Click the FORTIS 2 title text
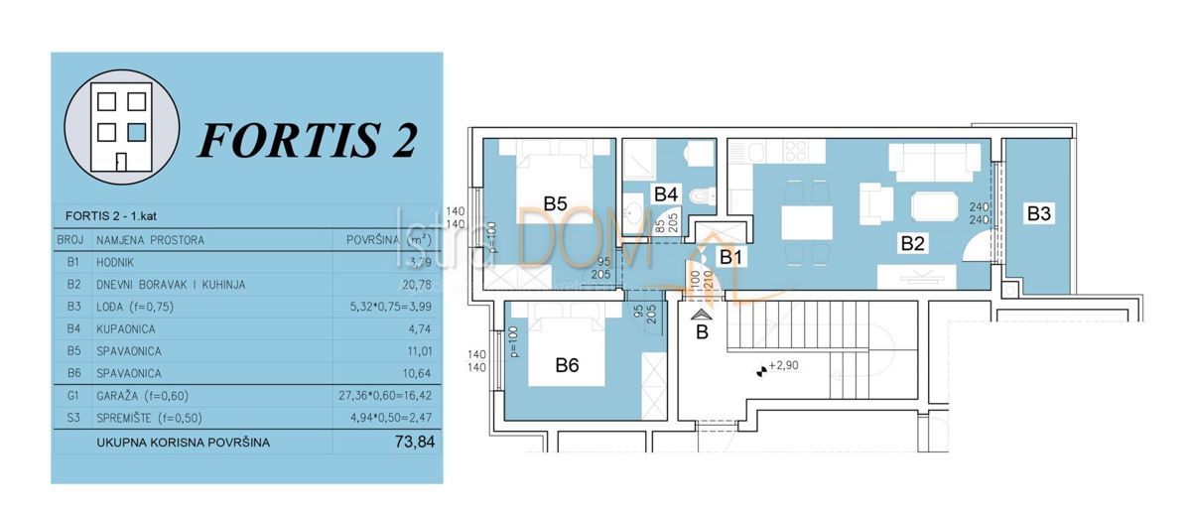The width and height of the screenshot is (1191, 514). click(x=308, y=140)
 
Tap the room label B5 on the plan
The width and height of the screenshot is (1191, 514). click(x=555, y=203)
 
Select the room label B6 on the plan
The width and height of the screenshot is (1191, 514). click(x=566, y=364)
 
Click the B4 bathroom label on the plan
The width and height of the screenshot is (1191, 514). click(x=664, y=193)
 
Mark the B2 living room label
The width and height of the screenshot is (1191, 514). click(x=913, y=240)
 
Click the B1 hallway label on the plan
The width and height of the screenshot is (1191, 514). click(x=731, y=257)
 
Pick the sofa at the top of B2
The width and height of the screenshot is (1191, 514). click(x=934, y=161)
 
